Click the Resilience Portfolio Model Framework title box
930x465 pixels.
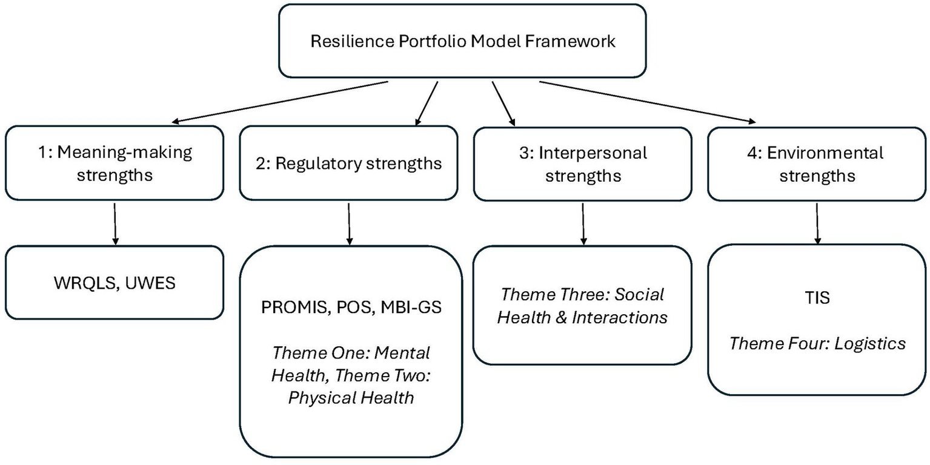pyautogui.click(x=462, y=41)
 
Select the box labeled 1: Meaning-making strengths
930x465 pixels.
pyautogui.click(x=115, y=163)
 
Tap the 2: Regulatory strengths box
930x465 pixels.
pyautogui.click(x=349, y=163)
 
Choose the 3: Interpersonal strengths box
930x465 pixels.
pyautogui.click(x=582, y=163)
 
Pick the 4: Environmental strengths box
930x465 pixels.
pyautogui.click(x=817, y=163)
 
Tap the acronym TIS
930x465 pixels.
pyautogui.click(x=817, y=298)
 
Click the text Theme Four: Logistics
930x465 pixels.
pyautogui.click(x=817, y=343)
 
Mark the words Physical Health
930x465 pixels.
pyautogui.click(x=351, y=397)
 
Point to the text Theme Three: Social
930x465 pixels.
pyautogui.click(x=582, y=294)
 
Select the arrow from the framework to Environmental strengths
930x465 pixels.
pyautogui.click(x=648, y=102)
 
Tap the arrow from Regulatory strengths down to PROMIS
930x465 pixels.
pyautogui.click(x=349, y=223)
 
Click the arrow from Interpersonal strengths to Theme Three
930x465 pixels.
pyautogui.click(x=583, y=223)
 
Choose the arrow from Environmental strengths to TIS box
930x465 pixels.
pyautogui.click(x=817, y=223)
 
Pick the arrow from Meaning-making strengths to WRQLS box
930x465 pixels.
pyautogui.click(x=115, y=223)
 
